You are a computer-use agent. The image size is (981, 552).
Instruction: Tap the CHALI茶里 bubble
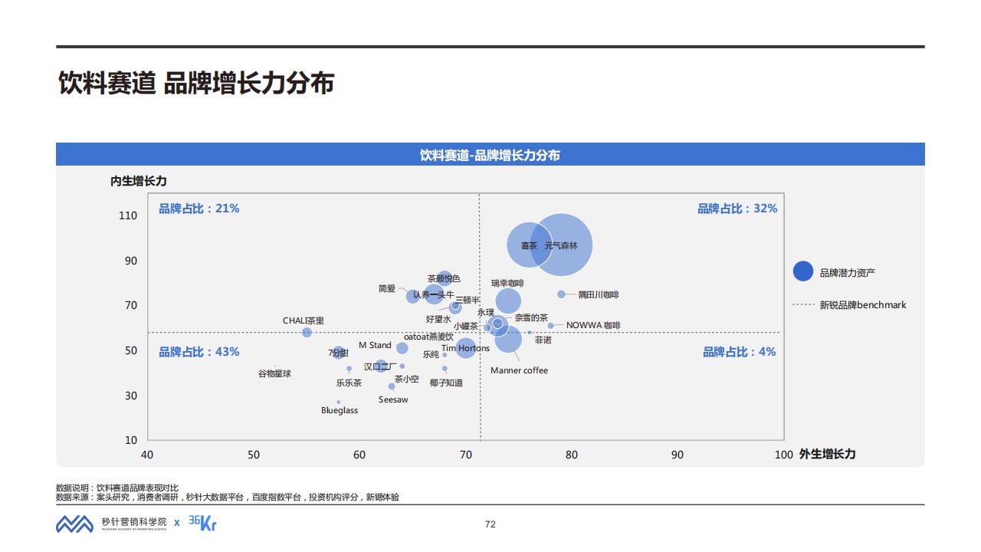tap(307, 333)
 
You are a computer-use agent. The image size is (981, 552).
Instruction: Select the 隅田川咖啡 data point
tap(561, 294)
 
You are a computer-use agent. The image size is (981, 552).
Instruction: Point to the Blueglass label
tap(340, 411)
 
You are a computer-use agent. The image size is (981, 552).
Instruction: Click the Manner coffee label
tap(519, 371)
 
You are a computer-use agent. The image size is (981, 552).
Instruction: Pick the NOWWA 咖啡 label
tap(593, 326)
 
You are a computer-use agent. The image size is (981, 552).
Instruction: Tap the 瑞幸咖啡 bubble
tap(508, 301)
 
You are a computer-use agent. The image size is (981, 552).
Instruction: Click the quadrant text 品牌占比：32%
tap(737, 209)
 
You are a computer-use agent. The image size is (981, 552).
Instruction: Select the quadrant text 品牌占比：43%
tap(199, 352)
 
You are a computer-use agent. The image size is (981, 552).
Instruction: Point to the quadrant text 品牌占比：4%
tap(739, 352)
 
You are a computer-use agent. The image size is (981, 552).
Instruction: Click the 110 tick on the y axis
tap(128, 216)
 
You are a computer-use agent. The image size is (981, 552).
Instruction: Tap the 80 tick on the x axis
tap(572, 455)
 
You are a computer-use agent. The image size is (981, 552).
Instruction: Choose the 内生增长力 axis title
tap(138, 182)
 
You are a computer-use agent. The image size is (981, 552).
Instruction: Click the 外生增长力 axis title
tap(827, 454)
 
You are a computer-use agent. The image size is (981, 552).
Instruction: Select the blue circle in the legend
tap(802, 271)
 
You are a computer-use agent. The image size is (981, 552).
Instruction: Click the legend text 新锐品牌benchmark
tap(862, 305)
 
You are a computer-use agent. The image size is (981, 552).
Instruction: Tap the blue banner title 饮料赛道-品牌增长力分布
tap(490, 155)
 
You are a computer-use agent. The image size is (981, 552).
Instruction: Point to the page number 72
tap(490, 524)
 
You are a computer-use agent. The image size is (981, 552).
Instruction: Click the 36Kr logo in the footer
tap(202, 523)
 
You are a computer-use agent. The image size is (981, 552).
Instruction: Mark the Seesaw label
tap(393, 400)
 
